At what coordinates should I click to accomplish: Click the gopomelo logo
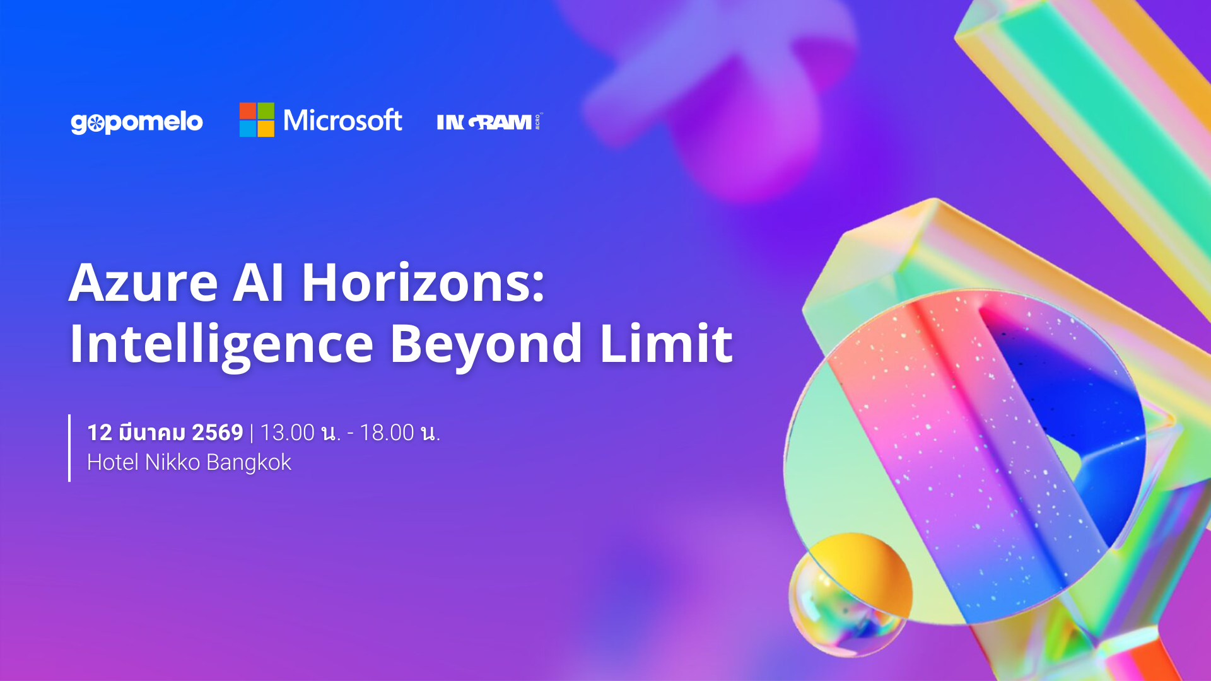[137, 122]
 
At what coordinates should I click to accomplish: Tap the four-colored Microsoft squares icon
[257, 120]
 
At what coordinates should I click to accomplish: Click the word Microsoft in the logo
[342, 120]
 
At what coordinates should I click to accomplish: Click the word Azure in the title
[144, 283]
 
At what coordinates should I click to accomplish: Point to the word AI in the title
[259, 283]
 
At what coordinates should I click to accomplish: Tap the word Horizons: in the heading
[423, 283]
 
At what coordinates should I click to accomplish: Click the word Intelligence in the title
[221, 344]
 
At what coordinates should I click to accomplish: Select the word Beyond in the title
[486, 344]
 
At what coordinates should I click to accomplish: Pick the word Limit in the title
[666, 344]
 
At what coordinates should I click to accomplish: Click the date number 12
[100, 433]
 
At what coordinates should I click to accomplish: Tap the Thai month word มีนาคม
[152, 433]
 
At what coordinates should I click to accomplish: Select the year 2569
[218, 433]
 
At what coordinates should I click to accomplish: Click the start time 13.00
[287, 433]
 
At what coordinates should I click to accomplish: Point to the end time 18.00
[387, 433]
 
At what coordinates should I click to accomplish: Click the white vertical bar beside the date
[69, 448]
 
